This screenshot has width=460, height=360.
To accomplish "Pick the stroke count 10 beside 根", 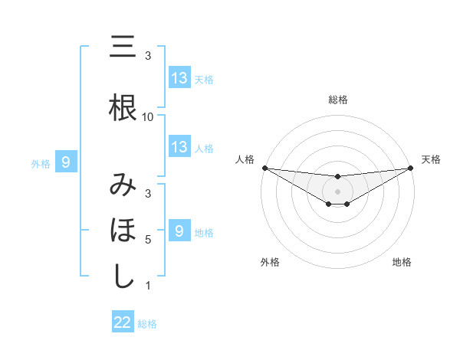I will point(148,117).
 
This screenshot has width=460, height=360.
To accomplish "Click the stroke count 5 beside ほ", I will point(148,240).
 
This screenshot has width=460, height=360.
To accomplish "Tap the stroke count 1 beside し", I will point(148,286).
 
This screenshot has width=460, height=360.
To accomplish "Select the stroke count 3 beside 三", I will point(148,57).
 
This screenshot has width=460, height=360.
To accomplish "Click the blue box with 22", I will point(123,323).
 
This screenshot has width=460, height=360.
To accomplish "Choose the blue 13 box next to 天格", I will point(179,78).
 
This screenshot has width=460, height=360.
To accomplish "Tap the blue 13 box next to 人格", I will point(179,147).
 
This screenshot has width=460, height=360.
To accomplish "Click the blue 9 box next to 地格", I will point(179,231).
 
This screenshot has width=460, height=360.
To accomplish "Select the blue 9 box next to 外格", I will point(67,162).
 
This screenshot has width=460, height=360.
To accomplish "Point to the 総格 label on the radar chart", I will point(337,100).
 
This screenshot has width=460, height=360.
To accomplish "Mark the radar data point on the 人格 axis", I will point(264,168).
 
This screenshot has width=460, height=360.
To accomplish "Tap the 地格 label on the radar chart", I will point(402,262).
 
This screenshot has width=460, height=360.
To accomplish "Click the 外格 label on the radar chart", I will point(270,262).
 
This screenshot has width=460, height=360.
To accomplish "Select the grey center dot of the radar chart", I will point(337,191).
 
